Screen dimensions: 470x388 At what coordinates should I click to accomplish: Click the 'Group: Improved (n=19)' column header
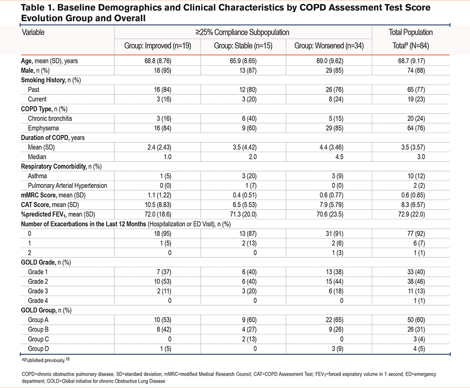click(x=157, y=46)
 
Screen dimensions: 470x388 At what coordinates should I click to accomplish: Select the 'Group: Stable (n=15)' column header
click(x=243, y=46)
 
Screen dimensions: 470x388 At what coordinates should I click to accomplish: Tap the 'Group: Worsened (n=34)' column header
click(x=329, y=46)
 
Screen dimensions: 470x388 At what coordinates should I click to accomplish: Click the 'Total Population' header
click(x=411, y=32)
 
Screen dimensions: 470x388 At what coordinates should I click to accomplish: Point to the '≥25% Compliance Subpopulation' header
click(x=243, y=32)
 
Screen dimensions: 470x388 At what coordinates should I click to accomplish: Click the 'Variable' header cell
click(x=33, y=32)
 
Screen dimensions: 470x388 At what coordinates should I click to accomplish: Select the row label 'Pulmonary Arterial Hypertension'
click(x=67, y=186)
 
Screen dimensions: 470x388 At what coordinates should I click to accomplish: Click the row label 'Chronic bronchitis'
click(x=50, y=118)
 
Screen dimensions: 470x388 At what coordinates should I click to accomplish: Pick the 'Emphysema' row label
click(x=43, y=128)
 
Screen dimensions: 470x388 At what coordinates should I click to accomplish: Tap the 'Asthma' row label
click(x=37, y=176)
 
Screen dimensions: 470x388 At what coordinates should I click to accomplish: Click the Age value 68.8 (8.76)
click(x=157, y=61)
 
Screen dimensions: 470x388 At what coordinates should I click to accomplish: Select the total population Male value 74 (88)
click(x=416, y=70)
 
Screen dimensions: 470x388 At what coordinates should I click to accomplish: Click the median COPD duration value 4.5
click(x=339, y=157)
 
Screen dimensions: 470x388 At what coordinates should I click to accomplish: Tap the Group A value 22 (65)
click(x=335, y=320)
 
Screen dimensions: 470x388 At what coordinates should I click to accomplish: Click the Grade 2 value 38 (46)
click(x=416, y=281)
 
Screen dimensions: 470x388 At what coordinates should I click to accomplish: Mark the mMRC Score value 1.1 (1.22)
click(x=159, y=195)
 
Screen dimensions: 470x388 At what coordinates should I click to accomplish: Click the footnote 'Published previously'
click(x=46, y=360)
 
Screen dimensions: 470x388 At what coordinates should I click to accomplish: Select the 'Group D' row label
click(x=38, y=349)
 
